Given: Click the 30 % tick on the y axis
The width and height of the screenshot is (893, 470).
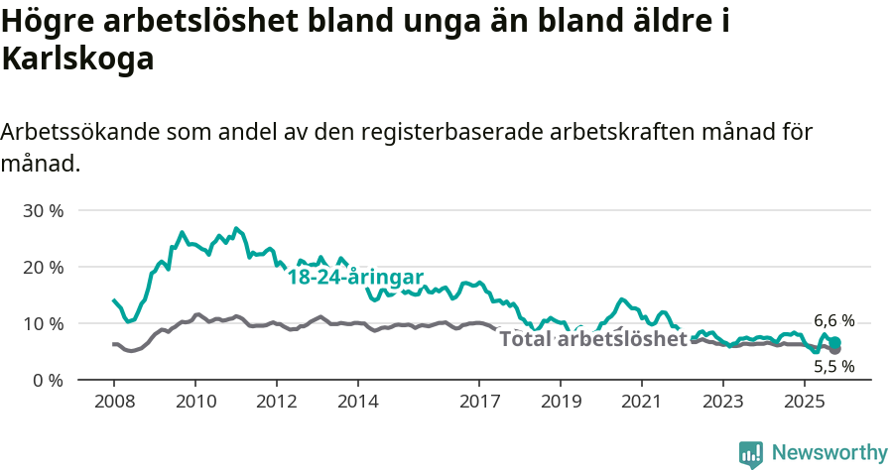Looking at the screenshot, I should click(44, 211).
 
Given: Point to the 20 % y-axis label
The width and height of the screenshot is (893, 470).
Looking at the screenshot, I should click(44, 268).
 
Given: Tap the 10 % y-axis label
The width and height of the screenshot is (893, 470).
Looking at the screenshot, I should click(44, 324).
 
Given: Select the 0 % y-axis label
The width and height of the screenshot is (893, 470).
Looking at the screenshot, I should click(48, 381).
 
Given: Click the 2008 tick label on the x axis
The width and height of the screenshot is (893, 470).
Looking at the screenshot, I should click(114, 403).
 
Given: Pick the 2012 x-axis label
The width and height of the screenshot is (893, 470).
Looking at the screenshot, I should click(276, 403).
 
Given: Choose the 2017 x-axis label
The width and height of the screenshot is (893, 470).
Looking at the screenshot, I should click(479, 403).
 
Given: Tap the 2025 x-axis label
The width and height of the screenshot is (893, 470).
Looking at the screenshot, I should click(804, 403).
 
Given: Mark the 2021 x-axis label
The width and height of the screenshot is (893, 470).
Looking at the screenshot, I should click(641, 403).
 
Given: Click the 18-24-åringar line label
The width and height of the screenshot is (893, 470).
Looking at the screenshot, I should click(355, 278).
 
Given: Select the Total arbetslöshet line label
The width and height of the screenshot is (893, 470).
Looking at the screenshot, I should click(593, 339).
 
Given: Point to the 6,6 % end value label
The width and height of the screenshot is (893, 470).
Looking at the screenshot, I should click(833, 320).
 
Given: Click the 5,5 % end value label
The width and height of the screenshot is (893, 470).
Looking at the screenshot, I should click(833, 366).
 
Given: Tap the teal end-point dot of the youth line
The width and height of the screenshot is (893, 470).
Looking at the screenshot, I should click(835, 342).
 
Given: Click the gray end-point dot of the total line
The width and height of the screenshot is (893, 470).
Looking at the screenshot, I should click(834, 349).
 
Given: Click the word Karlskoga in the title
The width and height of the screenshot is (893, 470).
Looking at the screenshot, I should click(78, 59).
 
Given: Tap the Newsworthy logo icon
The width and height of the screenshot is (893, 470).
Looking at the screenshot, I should click(751, 454).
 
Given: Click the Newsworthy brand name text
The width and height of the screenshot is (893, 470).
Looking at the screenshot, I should click(829, 453).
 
